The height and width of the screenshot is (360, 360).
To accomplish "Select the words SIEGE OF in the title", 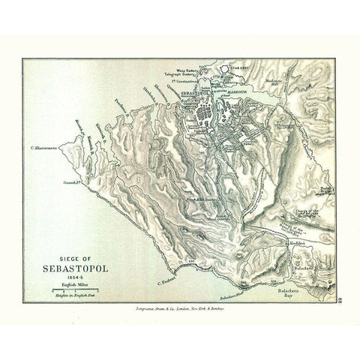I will [x=72, y=252].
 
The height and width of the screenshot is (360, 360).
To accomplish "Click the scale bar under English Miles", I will [x=72, y=289].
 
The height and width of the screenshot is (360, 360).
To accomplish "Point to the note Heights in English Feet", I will [x=72, y=295].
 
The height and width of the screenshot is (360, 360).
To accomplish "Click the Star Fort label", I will [x=238, y=68].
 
